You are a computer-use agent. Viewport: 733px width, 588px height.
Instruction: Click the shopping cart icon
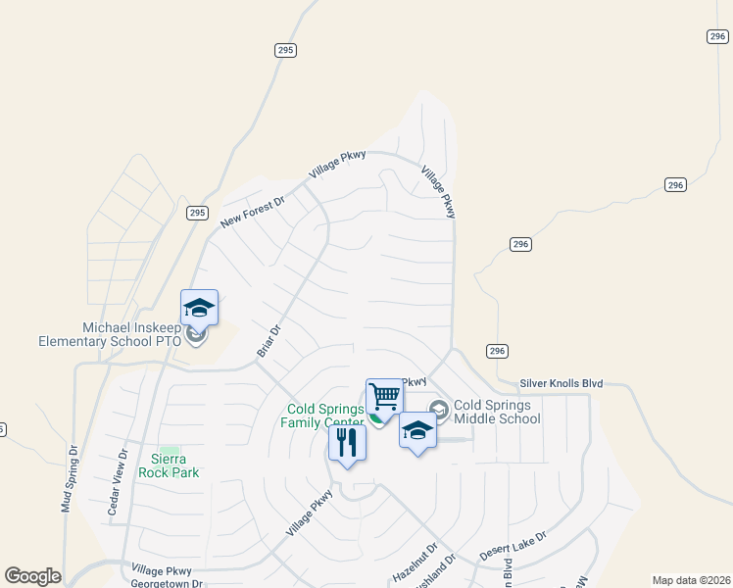(x=384, y=397)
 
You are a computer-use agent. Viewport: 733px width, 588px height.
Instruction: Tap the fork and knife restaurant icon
(x=347, y=442)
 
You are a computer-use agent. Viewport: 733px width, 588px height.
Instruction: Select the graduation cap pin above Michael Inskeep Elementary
(x=199, y=307)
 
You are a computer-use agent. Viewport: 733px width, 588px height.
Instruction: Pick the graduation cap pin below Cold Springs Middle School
(x=417, y=430)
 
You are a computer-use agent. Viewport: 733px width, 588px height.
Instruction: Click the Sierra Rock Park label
(x=175, y=465)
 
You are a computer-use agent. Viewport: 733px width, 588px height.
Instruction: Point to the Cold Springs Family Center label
(x=325, y=416)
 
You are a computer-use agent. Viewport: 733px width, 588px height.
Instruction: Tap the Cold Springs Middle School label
(x=497, y=412)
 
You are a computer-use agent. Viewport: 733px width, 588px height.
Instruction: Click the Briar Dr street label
(x=269, y=341)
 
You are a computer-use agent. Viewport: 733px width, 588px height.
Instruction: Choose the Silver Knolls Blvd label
(x=561, y=383)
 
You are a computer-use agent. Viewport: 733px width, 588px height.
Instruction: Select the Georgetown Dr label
(x=166, y=582)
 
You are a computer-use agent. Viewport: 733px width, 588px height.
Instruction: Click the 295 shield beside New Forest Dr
(x=197, y=213)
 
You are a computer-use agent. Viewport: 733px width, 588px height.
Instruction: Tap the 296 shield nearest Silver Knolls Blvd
(x=498, y=351)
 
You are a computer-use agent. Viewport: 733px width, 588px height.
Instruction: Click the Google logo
(x=32, y=576)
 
